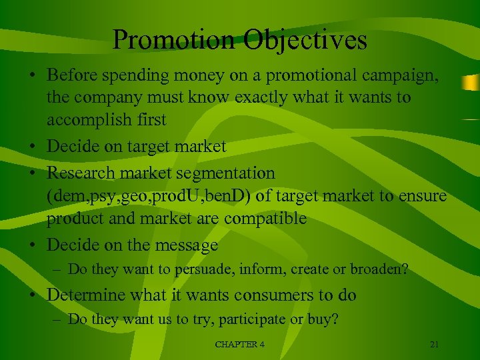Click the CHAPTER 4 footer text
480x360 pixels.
(239, 344)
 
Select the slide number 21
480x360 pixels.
(434, 344)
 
